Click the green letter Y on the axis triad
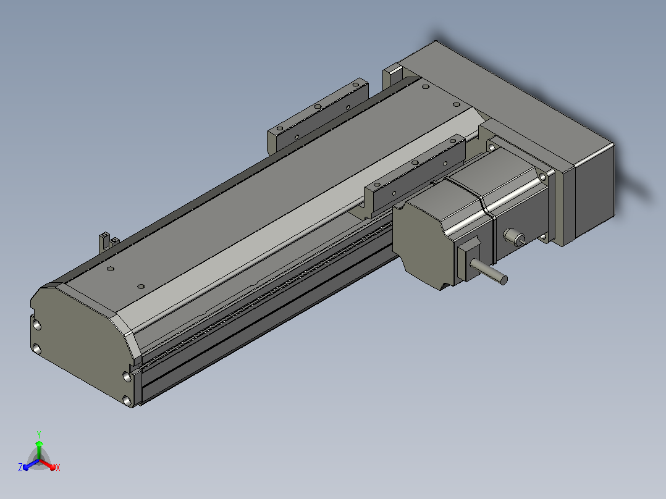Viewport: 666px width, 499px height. pos(39,434)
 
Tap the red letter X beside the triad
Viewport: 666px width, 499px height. pos(58,468)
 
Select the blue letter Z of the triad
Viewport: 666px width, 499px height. pos(20,467)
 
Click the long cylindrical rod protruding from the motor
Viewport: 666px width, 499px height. pos(489,272)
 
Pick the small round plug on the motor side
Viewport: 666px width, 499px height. pos(515,237)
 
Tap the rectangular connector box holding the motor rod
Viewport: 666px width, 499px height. pos(467,259)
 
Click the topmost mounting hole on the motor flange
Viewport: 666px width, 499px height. pos(491,147)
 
